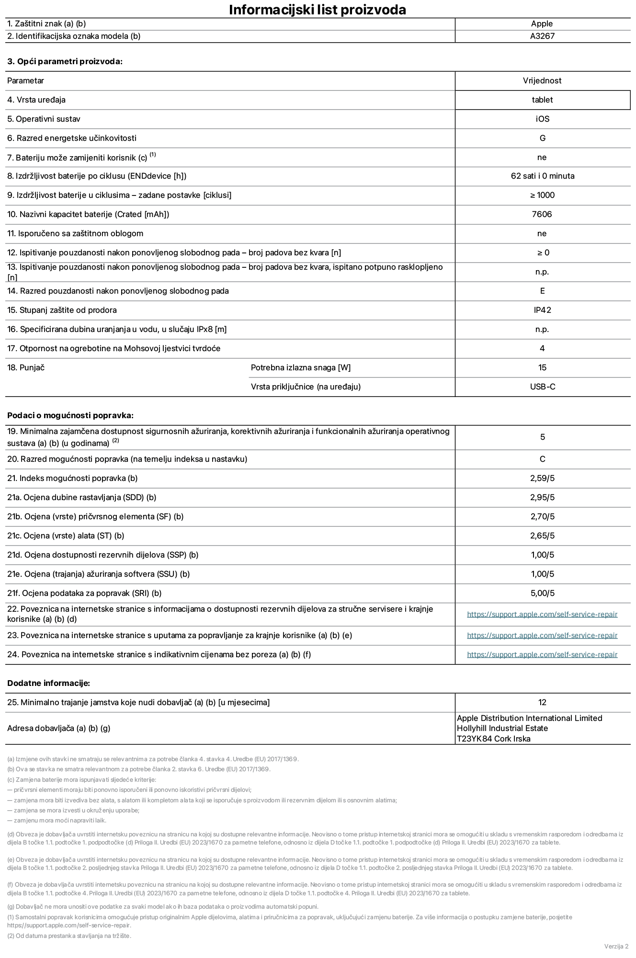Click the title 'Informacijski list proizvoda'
coord(318,10)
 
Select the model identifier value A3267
coord(542,36)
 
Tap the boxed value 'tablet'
coord(542,100)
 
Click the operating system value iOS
coord(542,119)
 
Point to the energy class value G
coord(542,138)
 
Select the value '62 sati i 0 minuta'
coord(542,176)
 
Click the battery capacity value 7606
coord(542,214)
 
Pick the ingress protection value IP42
coord(542,310)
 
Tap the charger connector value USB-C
coord(542,387)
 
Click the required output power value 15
coord(542,367)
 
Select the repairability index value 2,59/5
coord(542,478)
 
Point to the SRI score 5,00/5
coord(542,593)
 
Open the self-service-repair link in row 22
coord(542,614)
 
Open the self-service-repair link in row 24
coord(542,654)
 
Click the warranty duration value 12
coord(542,702)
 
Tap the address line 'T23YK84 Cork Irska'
coord(493,739)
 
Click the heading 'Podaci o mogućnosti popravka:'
coord(70,415)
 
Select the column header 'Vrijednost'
coord(542,80)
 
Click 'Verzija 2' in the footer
coord(616,946)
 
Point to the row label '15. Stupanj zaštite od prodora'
coord(62,310)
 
